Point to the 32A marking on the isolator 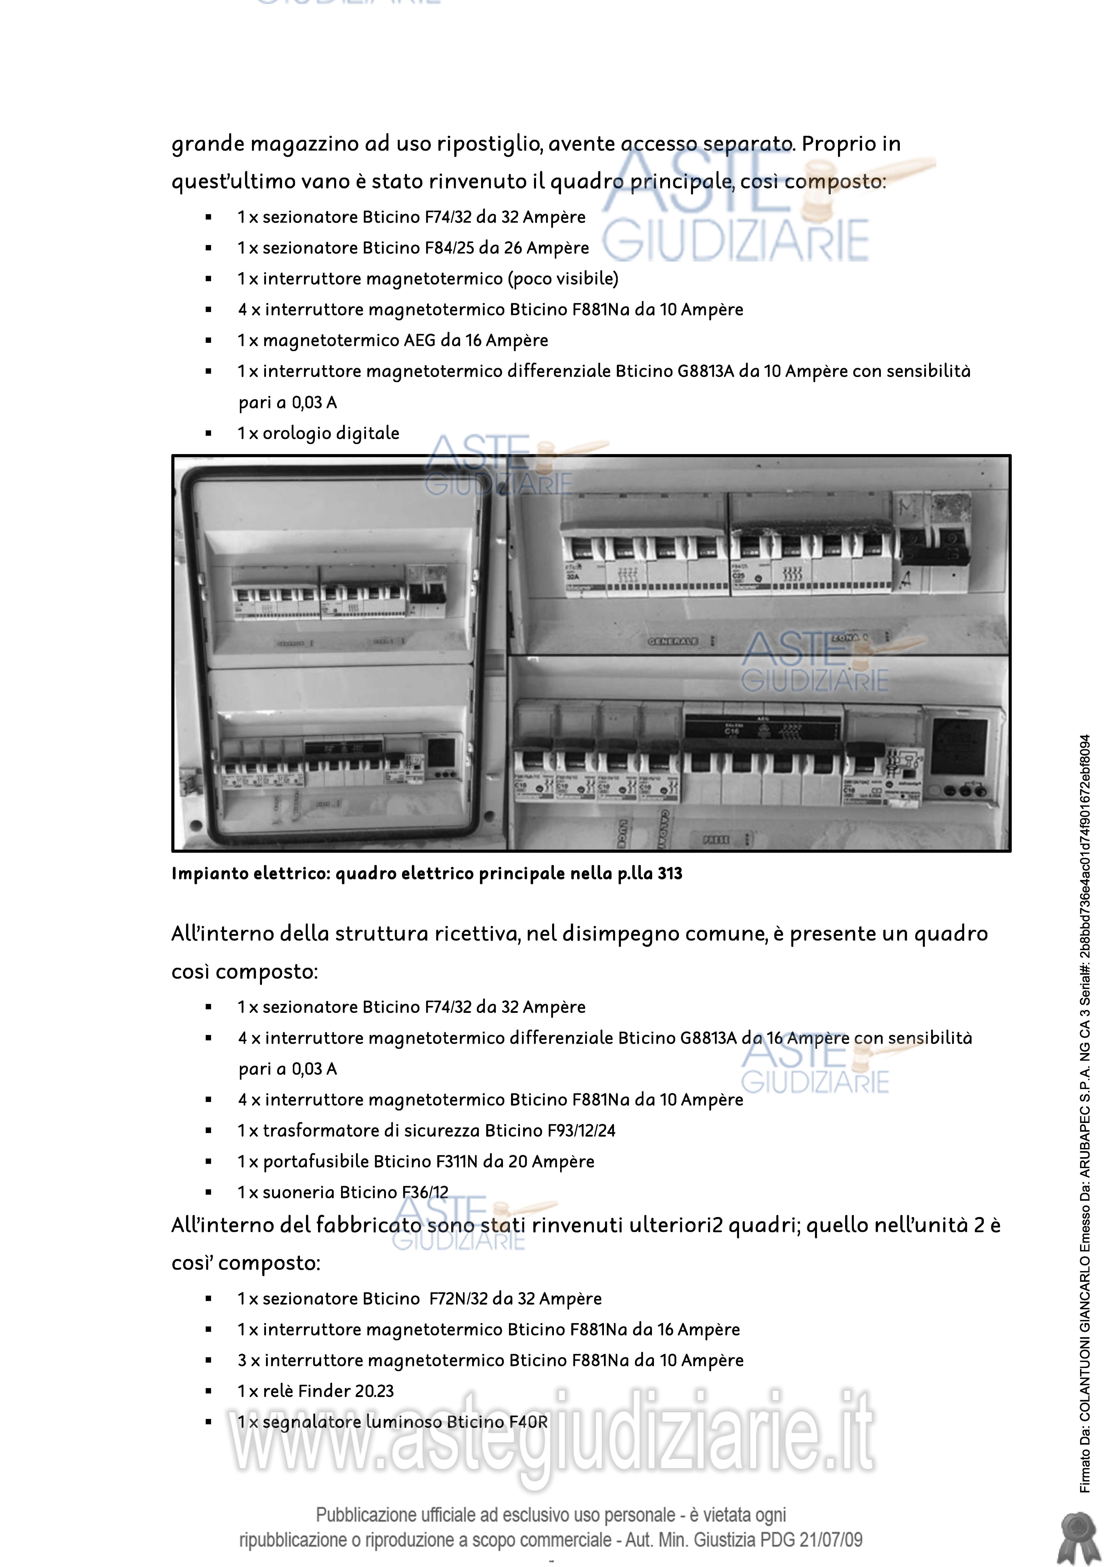tap(572, 577)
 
